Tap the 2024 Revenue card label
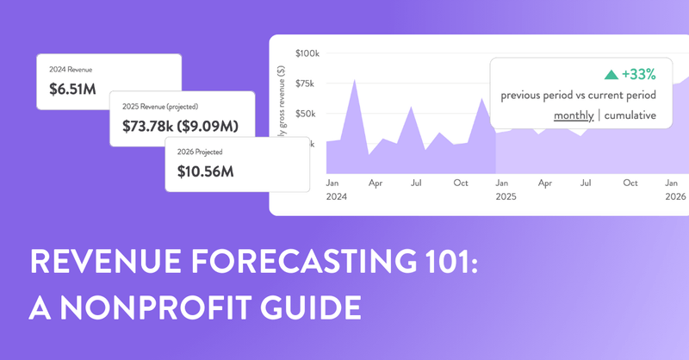(68, 69)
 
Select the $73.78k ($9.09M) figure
(179, 127)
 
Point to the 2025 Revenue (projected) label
(160, 107)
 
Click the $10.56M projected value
(204, 171)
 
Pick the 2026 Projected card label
(199, 151)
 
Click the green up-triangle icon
(587, 75)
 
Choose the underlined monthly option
(574, 115)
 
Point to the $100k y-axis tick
(307, 53)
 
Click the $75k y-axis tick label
(308, 84)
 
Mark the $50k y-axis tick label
(308, 114)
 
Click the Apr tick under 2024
(374, 183)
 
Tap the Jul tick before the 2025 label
(416, 183)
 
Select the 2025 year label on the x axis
(506, 197)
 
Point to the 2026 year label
(674, 197)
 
